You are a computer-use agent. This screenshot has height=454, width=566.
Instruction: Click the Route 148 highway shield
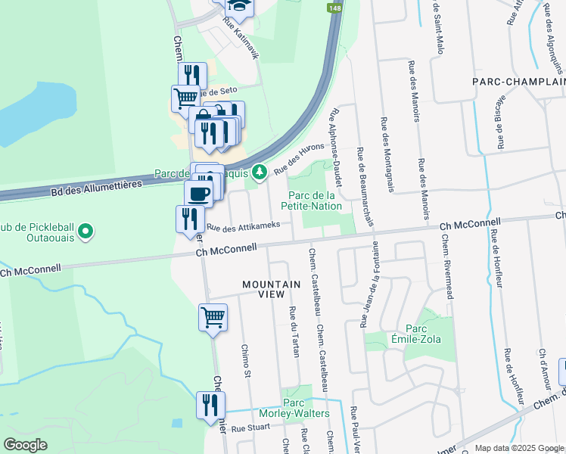(x=334, y=8)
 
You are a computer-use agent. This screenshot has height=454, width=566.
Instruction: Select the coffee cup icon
(x=199, y=193)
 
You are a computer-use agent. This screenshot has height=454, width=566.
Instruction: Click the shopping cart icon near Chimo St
(x=213, y=317)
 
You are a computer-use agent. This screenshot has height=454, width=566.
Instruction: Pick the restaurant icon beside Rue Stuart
(x=210, y=405)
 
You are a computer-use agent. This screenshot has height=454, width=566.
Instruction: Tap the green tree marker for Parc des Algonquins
(x=260, y=173)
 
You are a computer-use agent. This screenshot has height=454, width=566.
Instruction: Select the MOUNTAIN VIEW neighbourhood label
(x=272, y=285)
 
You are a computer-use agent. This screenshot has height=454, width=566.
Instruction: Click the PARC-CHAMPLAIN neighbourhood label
(x=518, y=81)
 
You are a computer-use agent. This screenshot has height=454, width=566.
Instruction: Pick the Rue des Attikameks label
(x=244, y=226)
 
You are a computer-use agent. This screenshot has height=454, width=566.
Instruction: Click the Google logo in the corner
(x=26, y=444)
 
